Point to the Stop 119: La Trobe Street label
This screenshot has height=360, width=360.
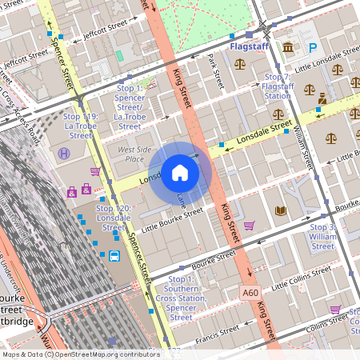[80, 121]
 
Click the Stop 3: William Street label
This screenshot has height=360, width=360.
[322, 237]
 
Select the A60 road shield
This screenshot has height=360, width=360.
[250, 293]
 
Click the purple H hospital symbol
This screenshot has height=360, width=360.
[64, 153]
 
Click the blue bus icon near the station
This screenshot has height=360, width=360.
[114, 257]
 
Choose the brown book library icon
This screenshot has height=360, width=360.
[280, 211]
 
